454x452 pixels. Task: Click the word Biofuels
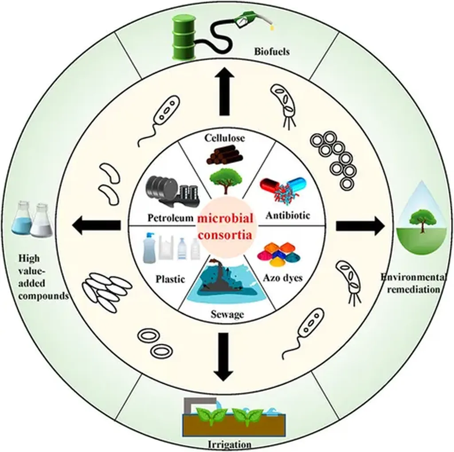point(271,51)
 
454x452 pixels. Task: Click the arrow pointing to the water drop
point(360,226)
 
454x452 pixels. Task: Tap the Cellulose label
point(225,138)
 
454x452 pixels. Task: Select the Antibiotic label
point(288,216)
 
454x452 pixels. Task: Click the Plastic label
point(170,279)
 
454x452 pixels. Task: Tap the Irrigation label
point(229,444)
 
